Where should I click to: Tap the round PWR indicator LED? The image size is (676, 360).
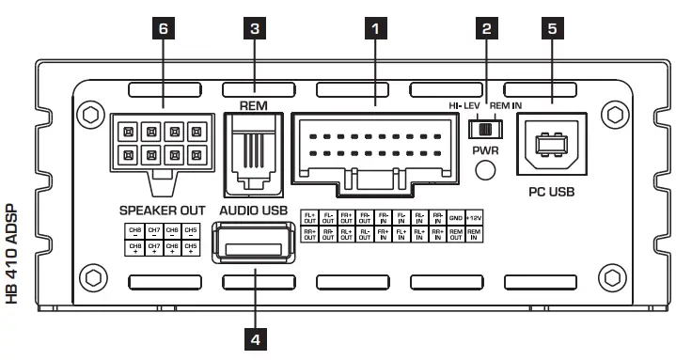pyautogui.click(x=486, y=170)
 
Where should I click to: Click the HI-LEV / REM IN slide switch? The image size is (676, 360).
pyautogui.click(x=486, y=127)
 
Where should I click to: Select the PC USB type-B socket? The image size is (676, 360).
pyautogui.click(x=548, y=149)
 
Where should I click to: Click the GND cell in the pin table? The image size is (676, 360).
pyautogui.click(x=456, y=217)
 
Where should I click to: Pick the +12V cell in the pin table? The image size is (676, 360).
pyautogui.click(x=475, y=217)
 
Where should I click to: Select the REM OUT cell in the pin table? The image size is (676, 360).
pyautogui.click(x=456, y=233)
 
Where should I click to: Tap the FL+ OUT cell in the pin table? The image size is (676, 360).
pyautogui.click(x=309, y=217)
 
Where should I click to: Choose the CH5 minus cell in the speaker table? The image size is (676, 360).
pyautogui.click(x=192, y=231)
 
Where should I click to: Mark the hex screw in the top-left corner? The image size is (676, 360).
pyautogui.click(x=91, y=113)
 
